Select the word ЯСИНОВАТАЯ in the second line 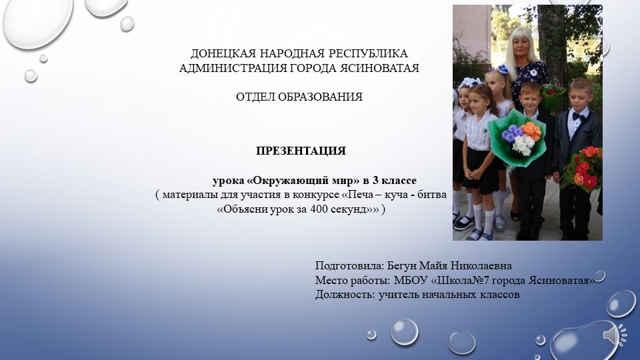tap(381, 68)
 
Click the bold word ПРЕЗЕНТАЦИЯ tap(301, 151)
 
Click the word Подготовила tap(345, 265)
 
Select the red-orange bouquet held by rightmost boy tap(581, 168)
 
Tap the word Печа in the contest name tap(361, 195)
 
